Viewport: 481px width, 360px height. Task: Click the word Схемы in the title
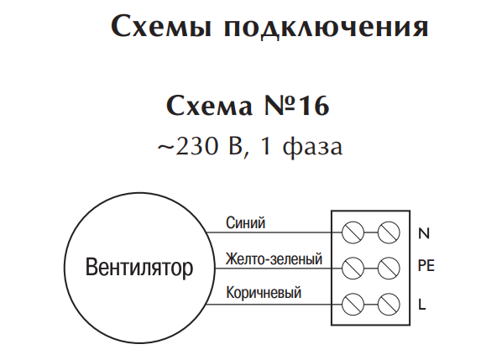[x=161, y=26]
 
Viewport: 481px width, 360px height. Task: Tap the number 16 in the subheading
[x=313, y=105]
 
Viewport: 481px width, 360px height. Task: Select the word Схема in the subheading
[x=209, y=105]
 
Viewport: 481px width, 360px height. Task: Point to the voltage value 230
[x=196, y=146]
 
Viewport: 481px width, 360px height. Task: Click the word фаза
[x=312, y=147]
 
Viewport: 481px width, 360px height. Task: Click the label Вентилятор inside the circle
[x=139, y=268]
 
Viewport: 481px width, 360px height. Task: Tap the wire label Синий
[x=245, y=222]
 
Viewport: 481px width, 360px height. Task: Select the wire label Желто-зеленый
[x=274, y=258]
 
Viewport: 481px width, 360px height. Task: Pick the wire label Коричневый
[x=264, y=292]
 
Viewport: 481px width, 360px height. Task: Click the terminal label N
[x=424, y=233]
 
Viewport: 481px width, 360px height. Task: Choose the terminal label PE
[x=426, y=265]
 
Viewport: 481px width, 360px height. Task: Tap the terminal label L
[x=422, y=304]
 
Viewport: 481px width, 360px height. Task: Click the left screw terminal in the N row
[x=353, y=232]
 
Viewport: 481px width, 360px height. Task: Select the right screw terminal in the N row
[x=389, y=232]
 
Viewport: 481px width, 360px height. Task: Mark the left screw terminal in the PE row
[x=353, y=269]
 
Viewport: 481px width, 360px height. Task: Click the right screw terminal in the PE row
[x=389, y=269]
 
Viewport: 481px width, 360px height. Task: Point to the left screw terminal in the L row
[x=353, y=305]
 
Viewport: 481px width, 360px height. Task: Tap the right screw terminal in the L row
[x=389, y=305]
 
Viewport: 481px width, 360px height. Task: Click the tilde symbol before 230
[x=166, y=148]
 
